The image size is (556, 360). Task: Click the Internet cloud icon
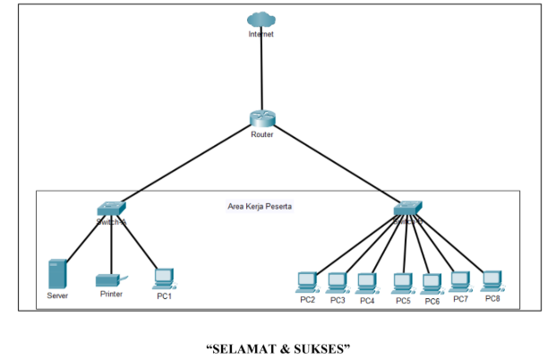[x=261, y=19]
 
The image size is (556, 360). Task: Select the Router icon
[x=262, y=118]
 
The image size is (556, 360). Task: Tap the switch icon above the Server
[x=112, y=208]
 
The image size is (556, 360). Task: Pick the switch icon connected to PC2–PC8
[x=407, y=209]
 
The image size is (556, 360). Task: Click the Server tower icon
[x=57, y=273]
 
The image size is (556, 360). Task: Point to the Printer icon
[x=110, y=279]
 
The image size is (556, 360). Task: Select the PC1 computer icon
[x=163, y=278]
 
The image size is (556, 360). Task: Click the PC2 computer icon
[x=307, y=282]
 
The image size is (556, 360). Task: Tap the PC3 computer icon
[x=337, y=282]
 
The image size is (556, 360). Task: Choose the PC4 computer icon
[x=366, y=282]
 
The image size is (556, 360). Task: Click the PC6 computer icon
[x=432, y=282]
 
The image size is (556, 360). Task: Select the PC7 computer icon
[x=460, y=281]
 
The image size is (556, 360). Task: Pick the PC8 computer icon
[x=492, y=279]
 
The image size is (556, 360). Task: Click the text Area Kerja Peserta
[x=260, y=206]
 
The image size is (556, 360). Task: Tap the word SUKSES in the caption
[x=317, y=348]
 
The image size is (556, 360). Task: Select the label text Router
[x=262, y=134]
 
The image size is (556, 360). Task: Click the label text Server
[x=57, y=296]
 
